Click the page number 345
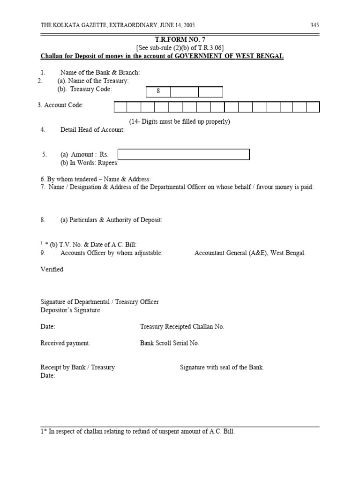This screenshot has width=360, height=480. [x=315, y=25]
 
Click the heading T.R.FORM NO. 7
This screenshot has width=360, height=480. [x=180, y=40]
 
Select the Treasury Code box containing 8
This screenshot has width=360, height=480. [x=158, y=91]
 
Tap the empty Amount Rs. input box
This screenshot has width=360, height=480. [x=183, y=155]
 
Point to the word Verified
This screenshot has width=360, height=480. [x=52, y=270]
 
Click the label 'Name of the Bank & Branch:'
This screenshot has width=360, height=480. [x=100, y=72]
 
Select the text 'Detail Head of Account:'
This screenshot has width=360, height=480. [x=92, y=130]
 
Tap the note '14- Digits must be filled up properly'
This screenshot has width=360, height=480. [x=180, y=121]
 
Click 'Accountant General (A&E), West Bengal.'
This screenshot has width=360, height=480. [x=250, y=253]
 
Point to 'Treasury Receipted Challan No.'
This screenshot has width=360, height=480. [x=182, y=327]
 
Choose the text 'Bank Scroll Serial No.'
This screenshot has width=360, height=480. [x=169, y=343]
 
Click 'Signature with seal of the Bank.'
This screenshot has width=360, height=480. [x=222, y=367]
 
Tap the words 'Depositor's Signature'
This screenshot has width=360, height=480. [x=70, y=310]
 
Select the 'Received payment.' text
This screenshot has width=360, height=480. [x=65, y=343]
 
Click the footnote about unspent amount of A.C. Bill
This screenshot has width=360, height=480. [x=137, y=431]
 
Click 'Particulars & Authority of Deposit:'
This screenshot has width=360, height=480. [x=111, y=220]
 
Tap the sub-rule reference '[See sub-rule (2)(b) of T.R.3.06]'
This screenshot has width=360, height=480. [x=180, y=48]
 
